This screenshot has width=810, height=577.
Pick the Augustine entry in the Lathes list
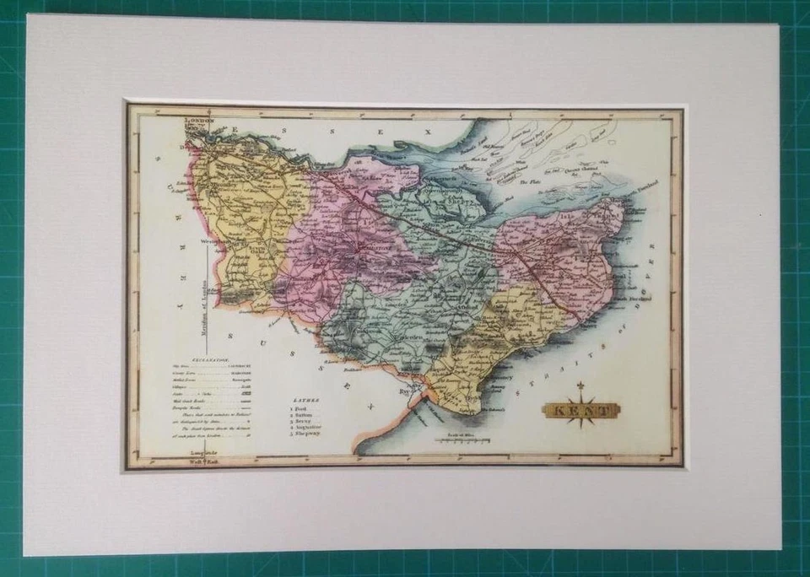pos(307,428)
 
